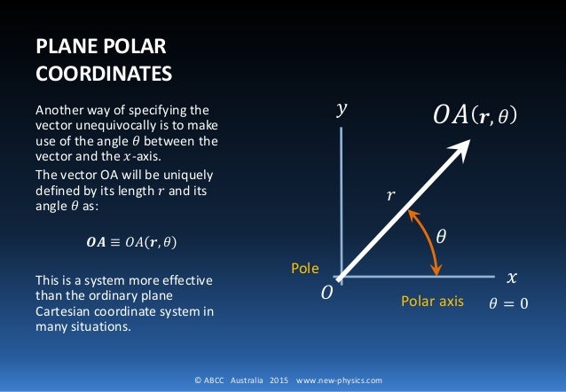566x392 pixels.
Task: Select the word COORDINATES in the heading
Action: click(x=98, y=71)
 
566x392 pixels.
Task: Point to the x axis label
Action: click(x=510, y=277)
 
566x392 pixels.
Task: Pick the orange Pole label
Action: click(x=303, y=267)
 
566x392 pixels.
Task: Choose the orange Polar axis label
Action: click(x=433, y=302)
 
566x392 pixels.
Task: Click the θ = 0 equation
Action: click(x=507, y=303)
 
